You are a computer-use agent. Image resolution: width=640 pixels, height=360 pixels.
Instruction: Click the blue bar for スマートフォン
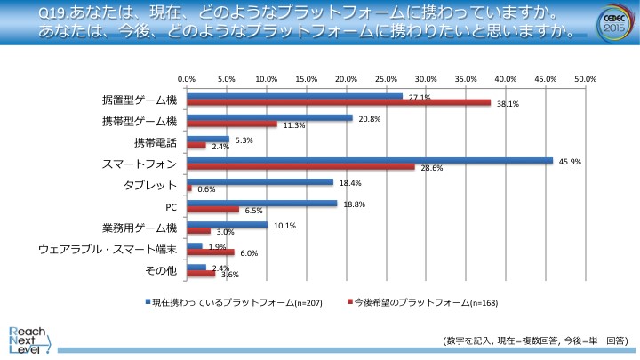coord(370,161)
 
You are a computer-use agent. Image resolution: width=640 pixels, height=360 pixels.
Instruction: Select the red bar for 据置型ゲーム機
coord(339,102)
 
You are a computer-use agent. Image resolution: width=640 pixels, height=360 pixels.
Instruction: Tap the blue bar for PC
coord(261,204)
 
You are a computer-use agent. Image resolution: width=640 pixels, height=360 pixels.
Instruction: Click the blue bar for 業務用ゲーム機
coord(227,225)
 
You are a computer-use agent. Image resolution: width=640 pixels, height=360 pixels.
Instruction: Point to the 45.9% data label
coord(568,161)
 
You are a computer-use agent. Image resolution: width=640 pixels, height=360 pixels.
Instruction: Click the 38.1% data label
coord(508,104)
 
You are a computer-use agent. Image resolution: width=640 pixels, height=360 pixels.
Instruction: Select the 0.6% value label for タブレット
coord(206,189)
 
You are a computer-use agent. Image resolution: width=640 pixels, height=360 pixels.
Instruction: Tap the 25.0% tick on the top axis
coord(386,80)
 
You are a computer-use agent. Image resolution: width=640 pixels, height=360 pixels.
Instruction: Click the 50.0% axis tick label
coord(585,80)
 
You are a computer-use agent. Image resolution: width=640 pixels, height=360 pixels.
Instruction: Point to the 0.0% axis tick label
coord(187,80)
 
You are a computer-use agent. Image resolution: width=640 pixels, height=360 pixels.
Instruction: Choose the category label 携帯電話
coord(156,141)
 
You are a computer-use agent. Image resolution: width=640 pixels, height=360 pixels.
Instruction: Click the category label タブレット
coord(150,185)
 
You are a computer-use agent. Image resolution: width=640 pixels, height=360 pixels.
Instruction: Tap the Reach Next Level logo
coord(27,337)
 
